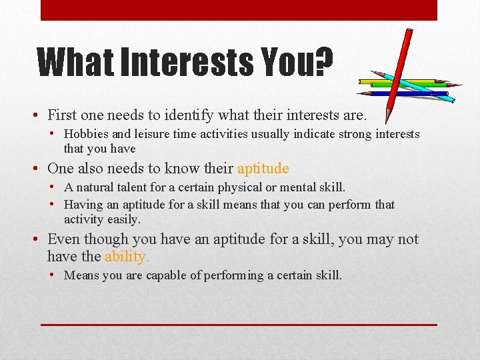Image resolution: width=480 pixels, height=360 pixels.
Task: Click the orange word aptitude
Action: coord(263,169)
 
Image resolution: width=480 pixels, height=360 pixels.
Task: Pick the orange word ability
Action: coord(127,256)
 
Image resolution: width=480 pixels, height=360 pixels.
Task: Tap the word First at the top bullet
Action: coord(62,115)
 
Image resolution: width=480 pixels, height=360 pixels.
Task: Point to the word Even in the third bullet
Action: coord(63,239)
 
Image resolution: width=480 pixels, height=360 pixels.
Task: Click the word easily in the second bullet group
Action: coord(123,219)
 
